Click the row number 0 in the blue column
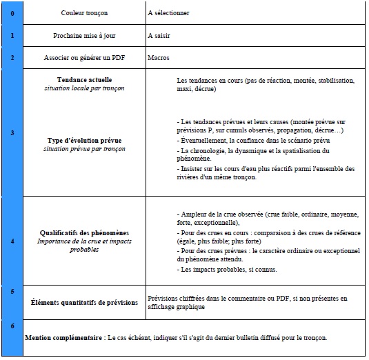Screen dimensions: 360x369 click(x=12, y=12)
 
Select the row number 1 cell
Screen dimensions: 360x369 click(x=12, y=35)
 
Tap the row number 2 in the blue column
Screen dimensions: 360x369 click(x=12, y=58)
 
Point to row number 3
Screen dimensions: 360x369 click(x=12, y=132)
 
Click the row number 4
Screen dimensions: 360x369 click(x=12, y=241)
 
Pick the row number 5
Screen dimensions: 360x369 click(x=12, y=292)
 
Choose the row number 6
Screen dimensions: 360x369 click(x=12, y=326)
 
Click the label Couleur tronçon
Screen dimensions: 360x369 click(x=83, y=12)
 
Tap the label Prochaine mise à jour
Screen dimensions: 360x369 click(x=83, y=35)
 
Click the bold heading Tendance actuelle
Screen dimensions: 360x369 click(x=83, y=80)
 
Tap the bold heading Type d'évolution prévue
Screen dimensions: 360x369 click(x=83, y=140)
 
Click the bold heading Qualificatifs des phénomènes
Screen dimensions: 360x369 click(x=83, y=233)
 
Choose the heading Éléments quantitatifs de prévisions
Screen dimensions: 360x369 click(x=83, y=302)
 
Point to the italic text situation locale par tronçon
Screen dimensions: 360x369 click(x=83, y=88)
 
